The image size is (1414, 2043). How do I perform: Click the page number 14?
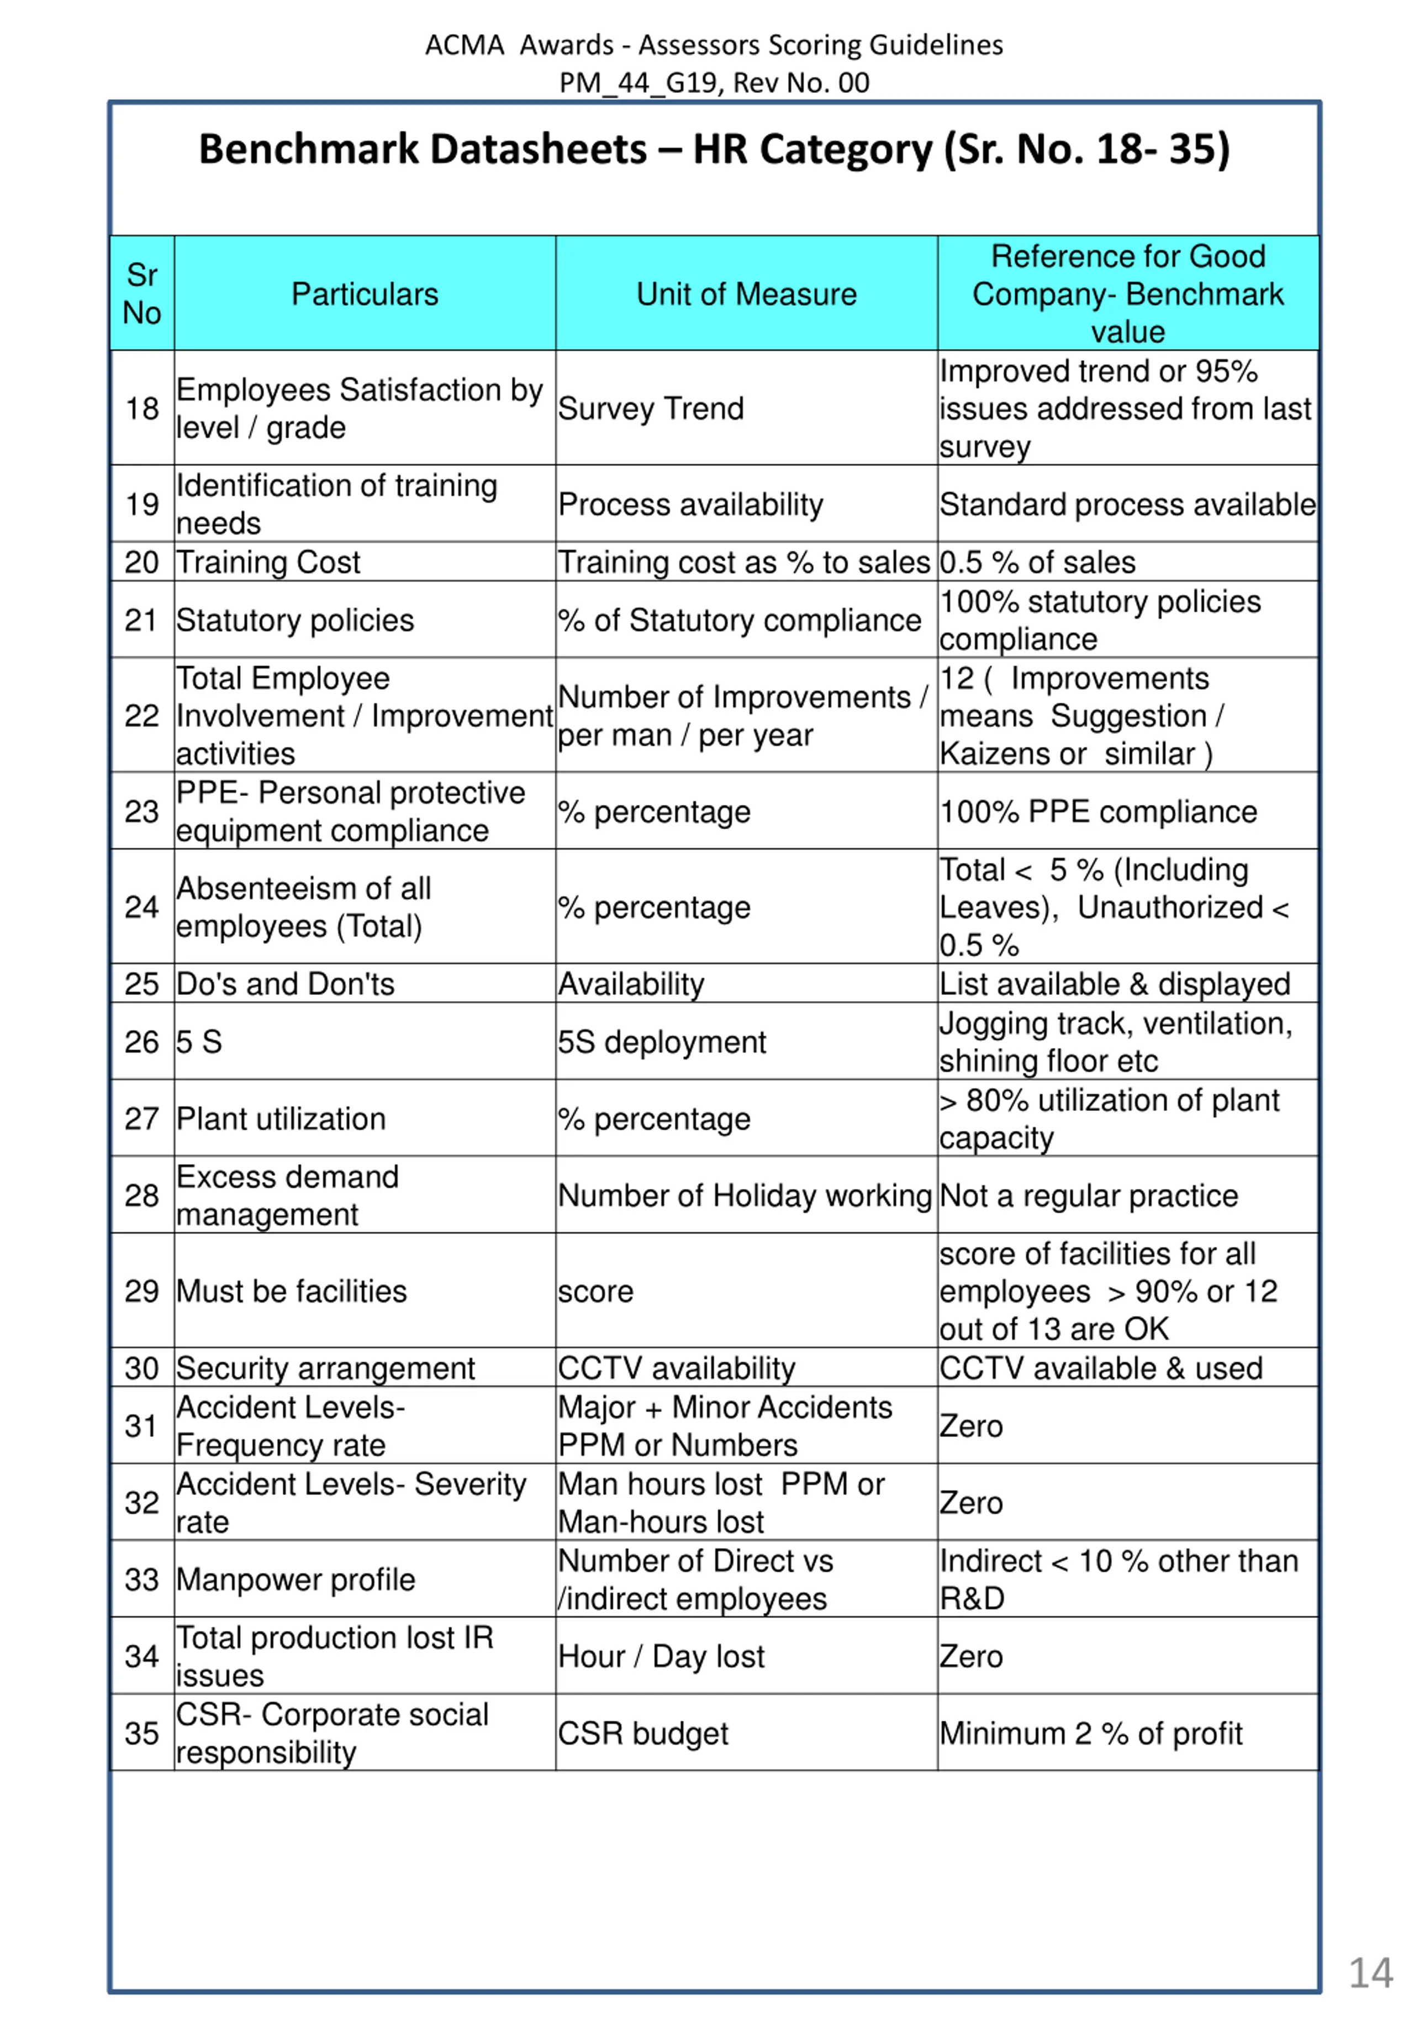[1370, 1973]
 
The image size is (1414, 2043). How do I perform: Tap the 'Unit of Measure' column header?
[746, 294]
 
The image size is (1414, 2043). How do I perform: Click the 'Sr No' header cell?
[142, 294]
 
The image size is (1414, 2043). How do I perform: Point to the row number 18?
[142, 408]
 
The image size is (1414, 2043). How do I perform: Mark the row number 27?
[142, 1118]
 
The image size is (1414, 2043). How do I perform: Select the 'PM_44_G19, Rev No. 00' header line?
[714, 82]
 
